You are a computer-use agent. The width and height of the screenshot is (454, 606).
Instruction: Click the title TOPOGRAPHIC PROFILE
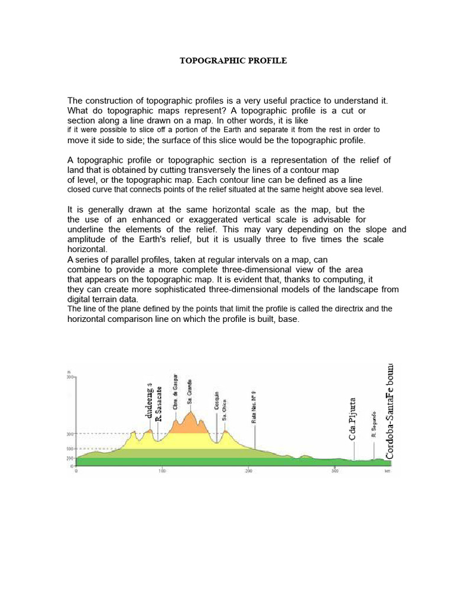pyautogui.click(x=233, y=61)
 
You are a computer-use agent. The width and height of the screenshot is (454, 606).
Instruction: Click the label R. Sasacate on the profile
pyautogui.click(x=158, y=404)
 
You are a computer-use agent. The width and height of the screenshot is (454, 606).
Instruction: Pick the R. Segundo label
pyautogui.click(x=374, y=424)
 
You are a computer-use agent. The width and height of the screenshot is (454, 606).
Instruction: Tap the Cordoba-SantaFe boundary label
pyautogui.click(x=389, y=411)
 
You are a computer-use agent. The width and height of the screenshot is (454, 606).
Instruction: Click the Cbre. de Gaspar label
pyautogui.click(x=176, y=391)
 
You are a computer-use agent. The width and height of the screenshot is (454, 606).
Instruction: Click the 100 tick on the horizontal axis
pyautogui.click(x=163, y=472)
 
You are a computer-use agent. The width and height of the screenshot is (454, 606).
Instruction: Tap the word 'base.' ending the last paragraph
pyautogui.click(x=289, y=319)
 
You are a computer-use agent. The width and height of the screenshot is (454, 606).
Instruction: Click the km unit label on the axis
pyautogui.click(x=387, y=472)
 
